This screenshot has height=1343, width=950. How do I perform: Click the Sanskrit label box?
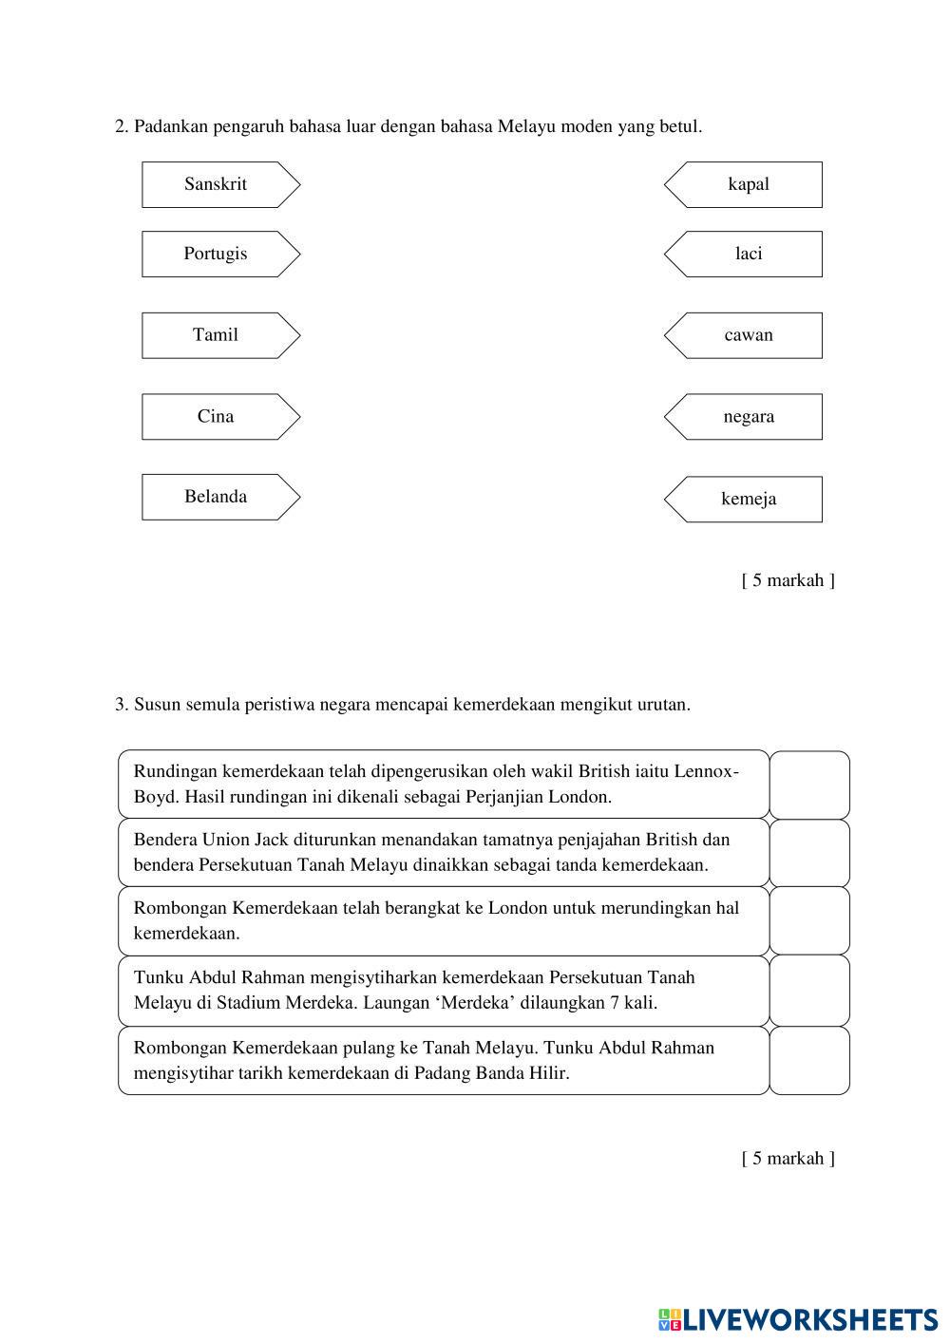tap(217, 184)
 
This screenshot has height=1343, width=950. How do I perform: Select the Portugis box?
tap(217, 254)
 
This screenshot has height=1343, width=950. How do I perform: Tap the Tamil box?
tap(217, 335)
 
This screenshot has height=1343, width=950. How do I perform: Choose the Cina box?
tap(217, 417)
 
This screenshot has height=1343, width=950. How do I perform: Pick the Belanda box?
tap(217, 497)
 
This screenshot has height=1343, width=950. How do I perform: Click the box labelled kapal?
tap(748, 184)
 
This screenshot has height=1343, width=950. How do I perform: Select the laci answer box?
tap(748, 254)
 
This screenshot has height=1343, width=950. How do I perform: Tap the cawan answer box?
tap(748, 335)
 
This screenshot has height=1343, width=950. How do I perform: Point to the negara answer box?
tap(748, 417)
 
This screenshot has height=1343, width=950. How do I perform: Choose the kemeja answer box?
tap(748, 499)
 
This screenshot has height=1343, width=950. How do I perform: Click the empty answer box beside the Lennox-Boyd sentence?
tap(809, 785)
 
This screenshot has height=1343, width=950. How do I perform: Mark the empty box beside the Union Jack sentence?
tap(809, 853)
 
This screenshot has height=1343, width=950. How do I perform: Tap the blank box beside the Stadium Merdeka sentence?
tap(809, 990)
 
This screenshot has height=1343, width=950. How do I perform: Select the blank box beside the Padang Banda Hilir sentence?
tap(809, 1060)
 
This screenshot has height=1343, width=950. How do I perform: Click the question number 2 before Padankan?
tap(121, 126)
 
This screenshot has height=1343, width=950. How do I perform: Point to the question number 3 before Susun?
tap(121, 705)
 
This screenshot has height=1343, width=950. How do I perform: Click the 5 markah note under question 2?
tap(788, 580)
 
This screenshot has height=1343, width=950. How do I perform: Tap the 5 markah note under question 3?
tap(788, 1158)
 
